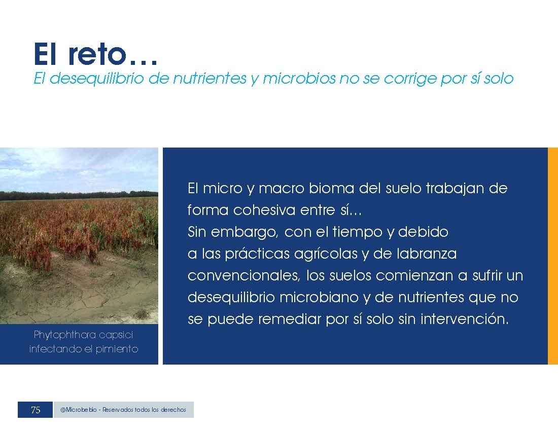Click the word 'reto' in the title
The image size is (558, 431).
[97, 54]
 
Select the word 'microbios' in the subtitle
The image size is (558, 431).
[299, 78]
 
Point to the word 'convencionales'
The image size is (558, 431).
[243, 276]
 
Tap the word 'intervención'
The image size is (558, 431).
[465, 319]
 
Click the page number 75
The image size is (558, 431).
[35, 410]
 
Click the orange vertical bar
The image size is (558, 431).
[552, 256]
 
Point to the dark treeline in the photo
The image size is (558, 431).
[79, 195]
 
